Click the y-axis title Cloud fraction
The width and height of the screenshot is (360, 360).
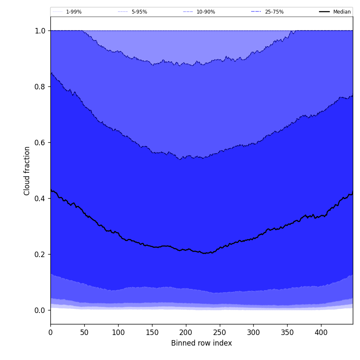27,171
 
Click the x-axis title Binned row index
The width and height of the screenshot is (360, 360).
202,343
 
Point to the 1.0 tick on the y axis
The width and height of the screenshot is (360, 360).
40,30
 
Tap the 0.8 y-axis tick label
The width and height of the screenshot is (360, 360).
40,86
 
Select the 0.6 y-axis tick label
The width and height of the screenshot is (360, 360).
40,142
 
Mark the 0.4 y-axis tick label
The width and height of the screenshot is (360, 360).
40,198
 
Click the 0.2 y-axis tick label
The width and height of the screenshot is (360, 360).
40,254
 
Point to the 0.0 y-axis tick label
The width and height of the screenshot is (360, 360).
40,310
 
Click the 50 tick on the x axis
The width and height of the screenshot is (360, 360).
84,332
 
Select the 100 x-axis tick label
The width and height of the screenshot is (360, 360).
118,332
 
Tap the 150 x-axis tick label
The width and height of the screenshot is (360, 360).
152,332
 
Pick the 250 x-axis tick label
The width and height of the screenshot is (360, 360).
219,332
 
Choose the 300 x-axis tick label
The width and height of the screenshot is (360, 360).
253,332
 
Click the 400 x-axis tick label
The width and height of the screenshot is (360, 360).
321,332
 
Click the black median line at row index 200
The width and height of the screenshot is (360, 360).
186,250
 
